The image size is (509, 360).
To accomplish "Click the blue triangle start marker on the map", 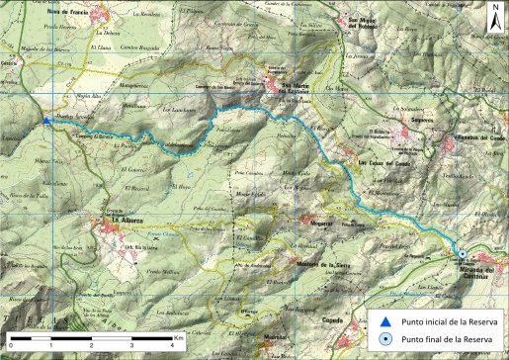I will (x=46, y=121).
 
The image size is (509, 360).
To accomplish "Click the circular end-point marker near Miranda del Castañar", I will (x=462, y=255).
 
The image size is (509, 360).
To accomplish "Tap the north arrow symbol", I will (x=493, y=17).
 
